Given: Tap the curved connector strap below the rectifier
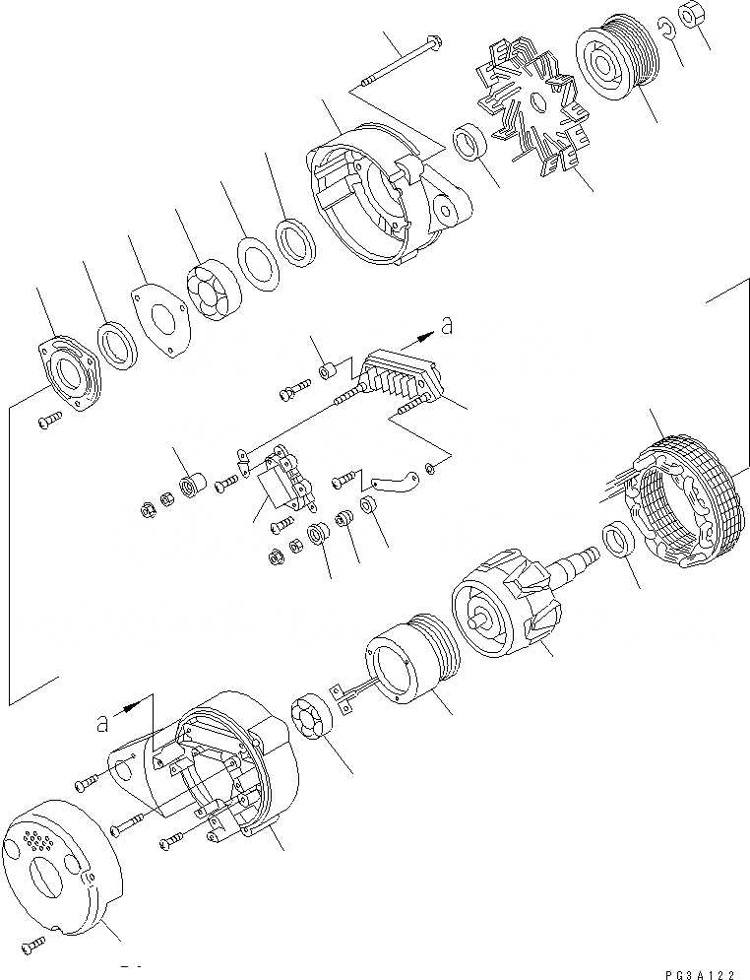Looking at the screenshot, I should tap(394, 482).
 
